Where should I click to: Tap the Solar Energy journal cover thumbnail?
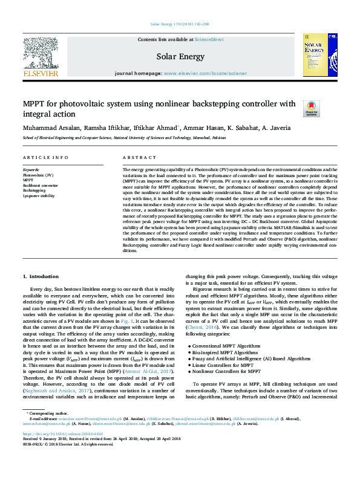(315, 55)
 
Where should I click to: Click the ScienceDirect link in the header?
(209, 39)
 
